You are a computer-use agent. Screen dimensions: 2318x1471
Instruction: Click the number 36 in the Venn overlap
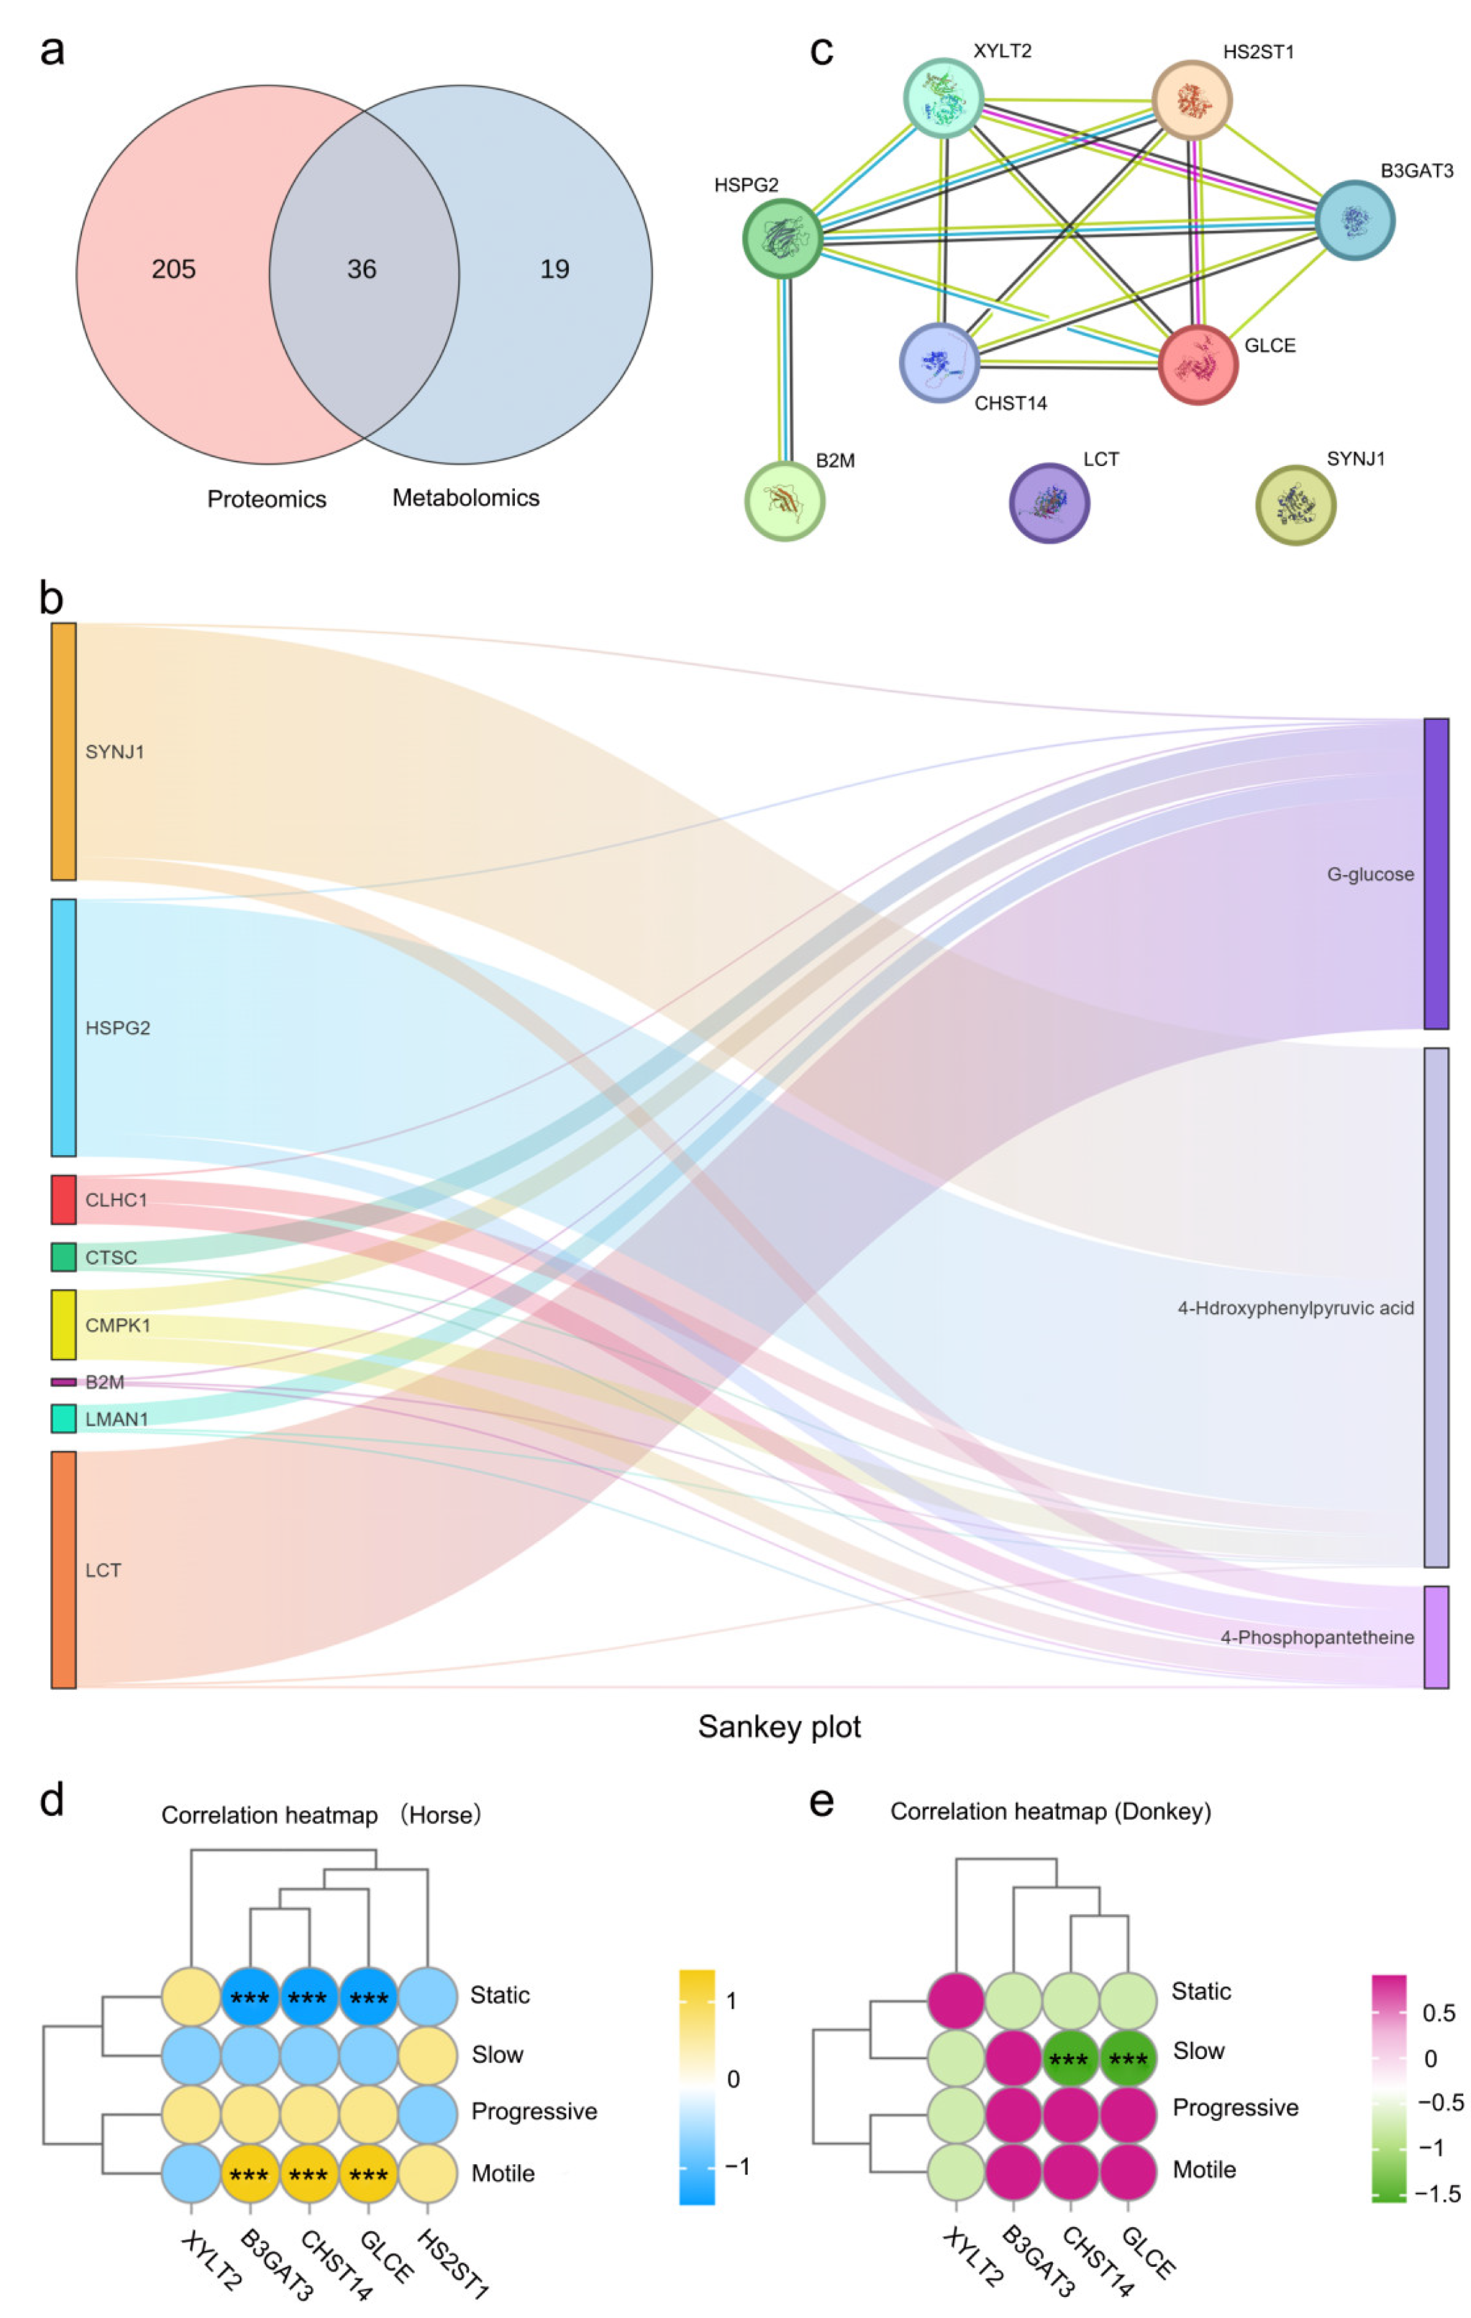361,269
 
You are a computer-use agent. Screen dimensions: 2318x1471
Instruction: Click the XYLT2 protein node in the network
943,98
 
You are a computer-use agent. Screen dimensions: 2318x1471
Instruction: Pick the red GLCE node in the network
1198,365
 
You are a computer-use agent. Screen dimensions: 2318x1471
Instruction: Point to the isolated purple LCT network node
1048,503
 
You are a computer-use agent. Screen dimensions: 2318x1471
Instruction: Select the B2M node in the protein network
785,501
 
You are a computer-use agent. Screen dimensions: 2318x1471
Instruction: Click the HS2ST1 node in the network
1192,100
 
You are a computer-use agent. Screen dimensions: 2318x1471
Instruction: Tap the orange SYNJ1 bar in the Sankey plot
63,752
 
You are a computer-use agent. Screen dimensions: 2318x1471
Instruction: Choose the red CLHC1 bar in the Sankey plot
63,1199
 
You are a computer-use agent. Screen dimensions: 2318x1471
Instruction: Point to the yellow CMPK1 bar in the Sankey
63,1324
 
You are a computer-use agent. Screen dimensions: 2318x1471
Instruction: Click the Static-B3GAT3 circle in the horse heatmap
249,1997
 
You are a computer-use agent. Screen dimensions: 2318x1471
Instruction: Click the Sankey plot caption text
779,1726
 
